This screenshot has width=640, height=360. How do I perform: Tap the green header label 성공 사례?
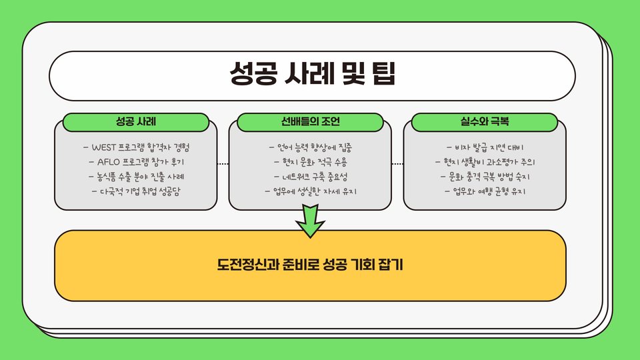tap(136, 123)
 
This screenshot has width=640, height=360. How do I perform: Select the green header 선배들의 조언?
tap(311, 123)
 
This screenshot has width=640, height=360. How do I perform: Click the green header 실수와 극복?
tap(485, 123)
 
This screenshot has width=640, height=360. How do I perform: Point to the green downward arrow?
tap(311, 221)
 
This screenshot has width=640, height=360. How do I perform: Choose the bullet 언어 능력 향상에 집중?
tap(311, 147)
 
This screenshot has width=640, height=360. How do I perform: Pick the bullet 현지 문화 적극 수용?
tap(311, 162)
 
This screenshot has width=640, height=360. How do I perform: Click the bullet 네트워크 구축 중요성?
tap(311, 177)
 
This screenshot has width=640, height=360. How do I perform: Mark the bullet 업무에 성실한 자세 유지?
tap(311, 192)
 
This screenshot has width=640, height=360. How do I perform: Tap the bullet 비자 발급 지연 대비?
tap(485, 147)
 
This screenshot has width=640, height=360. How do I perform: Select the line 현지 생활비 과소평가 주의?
tap(485, 162)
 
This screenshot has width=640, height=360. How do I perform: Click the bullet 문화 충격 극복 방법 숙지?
tap(485, 177)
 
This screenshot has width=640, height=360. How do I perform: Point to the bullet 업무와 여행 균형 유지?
tap(485, 192)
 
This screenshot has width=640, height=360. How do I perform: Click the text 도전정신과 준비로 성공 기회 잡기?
tap(311, 265)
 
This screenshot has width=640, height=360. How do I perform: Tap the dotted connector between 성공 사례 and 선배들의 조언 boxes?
tap(223, 163)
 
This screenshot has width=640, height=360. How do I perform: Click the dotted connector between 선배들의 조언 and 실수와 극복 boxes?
tap(397, 163)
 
